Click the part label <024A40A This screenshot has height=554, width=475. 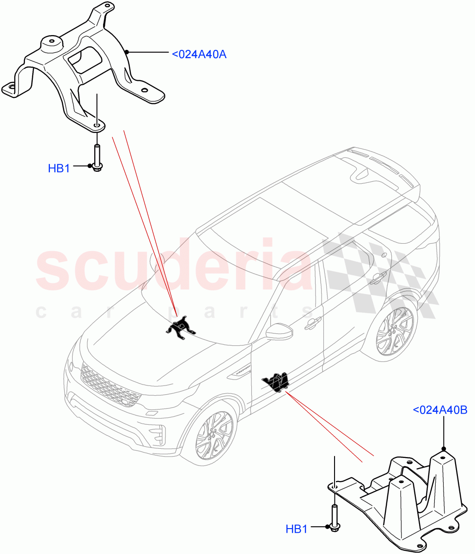tap(199, 54)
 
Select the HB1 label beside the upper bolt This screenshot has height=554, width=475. tap(59, 169)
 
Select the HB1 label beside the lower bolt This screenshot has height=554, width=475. tap(296, 529)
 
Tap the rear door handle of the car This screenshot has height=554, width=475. tap(377, 277)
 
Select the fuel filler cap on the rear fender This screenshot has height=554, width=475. tap(384, 255)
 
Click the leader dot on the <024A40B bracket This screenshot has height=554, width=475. tap(443, 448)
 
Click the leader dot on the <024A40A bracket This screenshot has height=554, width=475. tap(129, 52)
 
